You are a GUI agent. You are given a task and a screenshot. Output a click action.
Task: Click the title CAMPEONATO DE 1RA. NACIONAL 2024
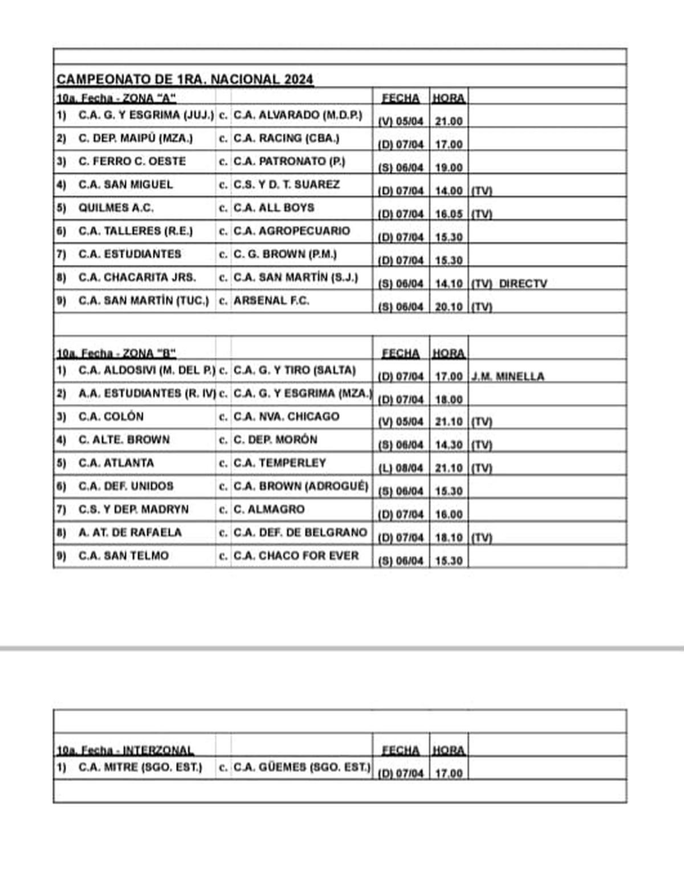[x=185, y=79]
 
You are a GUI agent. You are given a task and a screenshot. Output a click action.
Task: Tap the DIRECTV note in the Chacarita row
[x=523, y=284]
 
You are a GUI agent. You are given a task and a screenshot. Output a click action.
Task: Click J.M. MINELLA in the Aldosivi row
[x=507, y=377]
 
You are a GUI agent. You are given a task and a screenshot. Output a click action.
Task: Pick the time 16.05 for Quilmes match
[x=449, y=214]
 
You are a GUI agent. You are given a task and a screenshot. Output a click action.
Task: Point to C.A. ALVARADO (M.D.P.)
[x=298, y=115]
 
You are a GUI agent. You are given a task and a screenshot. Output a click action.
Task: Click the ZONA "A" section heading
[x=116, y=98]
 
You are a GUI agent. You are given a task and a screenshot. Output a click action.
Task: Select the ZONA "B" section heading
[x=116, y=353]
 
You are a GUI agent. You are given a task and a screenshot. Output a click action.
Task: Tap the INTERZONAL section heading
[x=125, y=751]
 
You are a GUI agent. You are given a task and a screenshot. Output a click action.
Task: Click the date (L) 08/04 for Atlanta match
[x=401, y=468]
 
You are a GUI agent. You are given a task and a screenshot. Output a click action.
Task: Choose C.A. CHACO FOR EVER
[x=296, y=556]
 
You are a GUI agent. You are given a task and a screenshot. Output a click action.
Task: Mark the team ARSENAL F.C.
[x=271, y=301]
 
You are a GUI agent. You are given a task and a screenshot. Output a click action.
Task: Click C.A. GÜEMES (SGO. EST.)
[x=302, y=768]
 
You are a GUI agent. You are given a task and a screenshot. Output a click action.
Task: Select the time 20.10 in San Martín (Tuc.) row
[x=449, y=307]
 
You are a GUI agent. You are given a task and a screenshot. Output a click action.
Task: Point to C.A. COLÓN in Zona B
[x=111, y=417]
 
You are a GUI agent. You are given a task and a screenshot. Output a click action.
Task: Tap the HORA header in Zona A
[x=448, y=98]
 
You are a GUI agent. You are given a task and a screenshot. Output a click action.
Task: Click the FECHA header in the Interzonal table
[x=400, y=751]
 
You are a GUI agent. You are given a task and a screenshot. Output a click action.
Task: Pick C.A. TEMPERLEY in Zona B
[x=279, y=463]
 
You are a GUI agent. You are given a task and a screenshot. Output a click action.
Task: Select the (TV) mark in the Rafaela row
[x=481, y=538]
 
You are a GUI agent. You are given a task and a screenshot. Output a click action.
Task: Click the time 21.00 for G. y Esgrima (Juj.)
[x=449, y=121]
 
